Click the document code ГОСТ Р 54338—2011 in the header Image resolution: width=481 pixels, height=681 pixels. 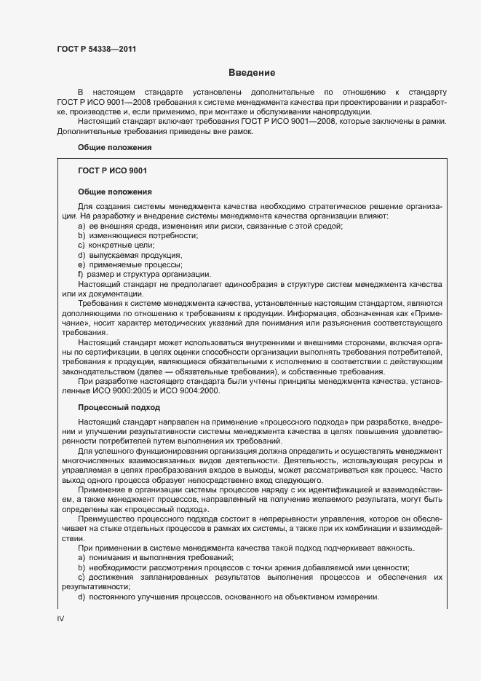[x=96, y=49]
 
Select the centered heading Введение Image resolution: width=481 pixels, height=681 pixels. [x=251, y=73]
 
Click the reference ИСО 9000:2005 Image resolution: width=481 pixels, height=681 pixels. [x=111, y=392]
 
